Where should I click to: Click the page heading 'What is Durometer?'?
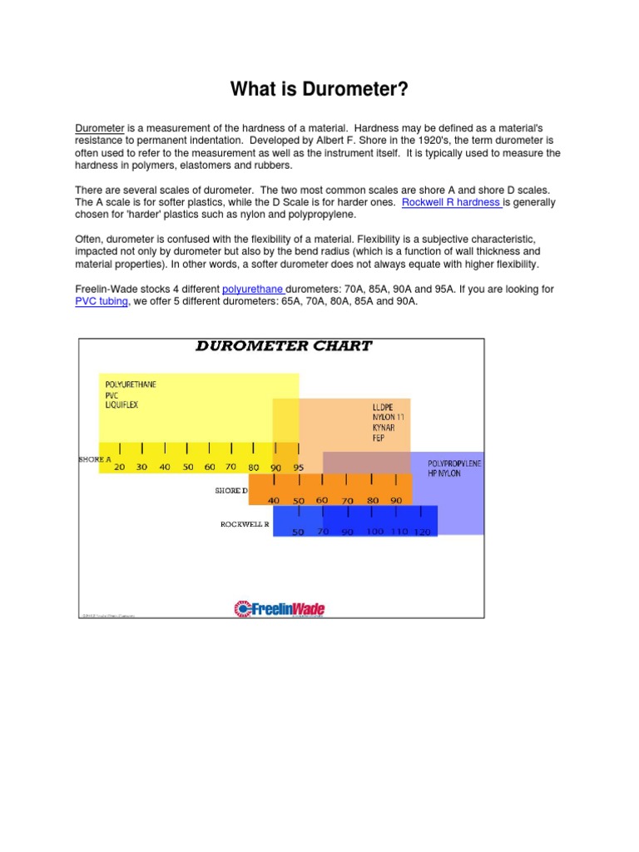319,89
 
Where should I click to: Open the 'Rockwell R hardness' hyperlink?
451,202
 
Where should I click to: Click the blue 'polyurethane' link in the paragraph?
253,289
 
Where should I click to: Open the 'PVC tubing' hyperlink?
102,301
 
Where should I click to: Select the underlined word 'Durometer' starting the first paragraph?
100,128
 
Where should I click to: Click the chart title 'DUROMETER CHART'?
284,346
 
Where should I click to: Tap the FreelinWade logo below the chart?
280,609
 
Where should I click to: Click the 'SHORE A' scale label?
94,459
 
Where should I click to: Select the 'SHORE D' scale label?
231,491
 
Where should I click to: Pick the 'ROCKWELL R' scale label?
245,524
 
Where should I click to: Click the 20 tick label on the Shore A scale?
120,468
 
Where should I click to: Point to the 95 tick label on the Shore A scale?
299,468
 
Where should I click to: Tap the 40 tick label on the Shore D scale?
274,500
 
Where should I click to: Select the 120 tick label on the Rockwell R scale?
423,532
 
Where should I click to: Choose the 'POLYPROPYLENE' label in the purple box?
454,463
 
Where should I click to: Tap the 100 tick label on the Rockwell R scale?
375,531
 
